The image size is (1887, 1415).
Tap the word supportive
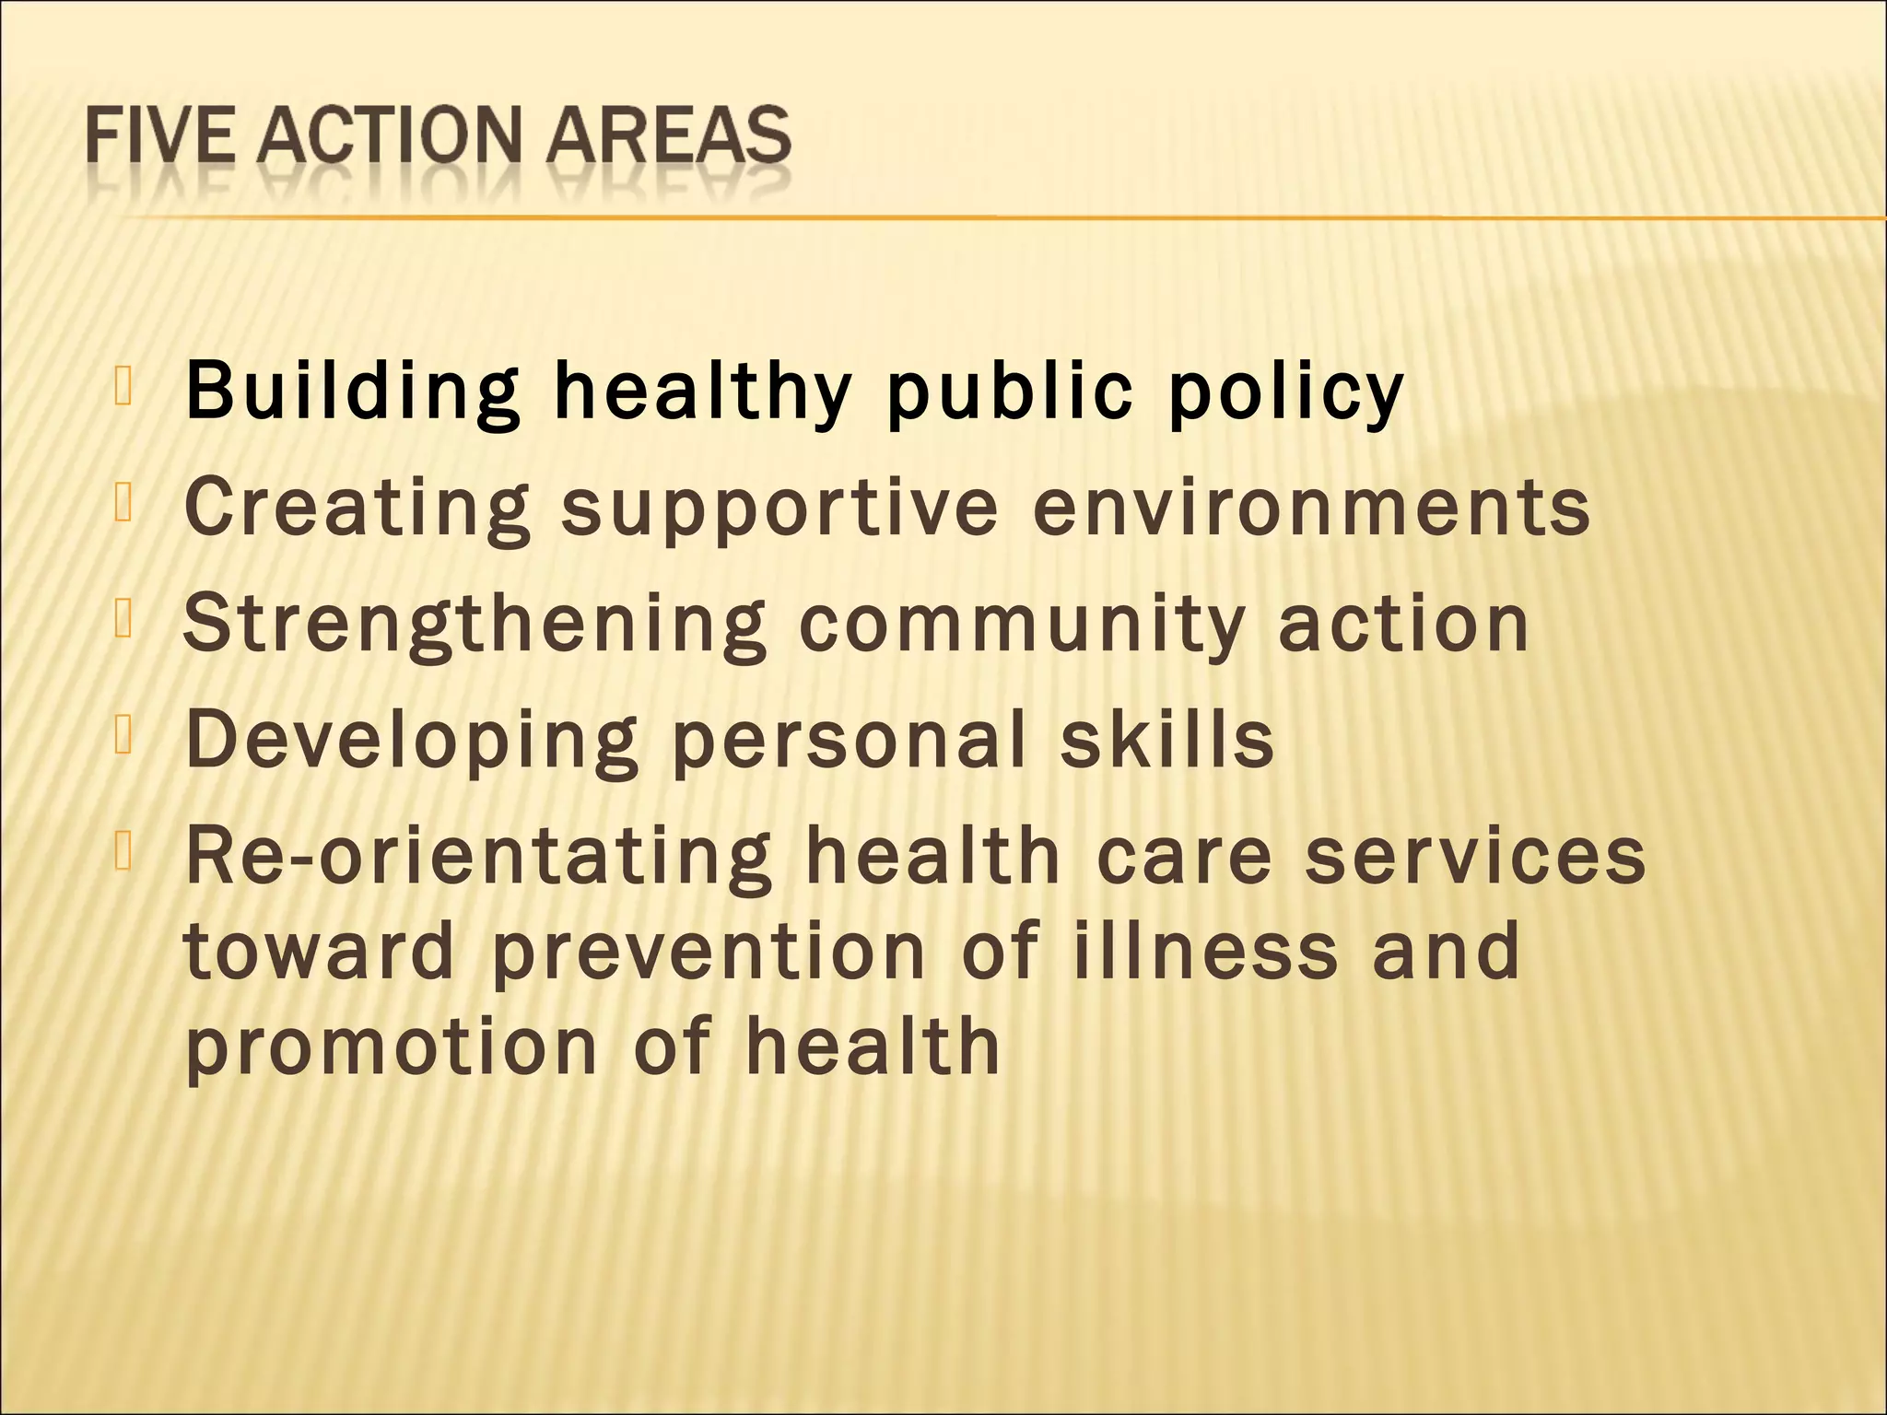pos(779,508)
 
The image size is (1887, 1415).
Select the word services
pos(1475,857)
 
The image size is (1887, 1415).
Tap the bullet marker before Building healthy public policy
pos(124,385)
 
